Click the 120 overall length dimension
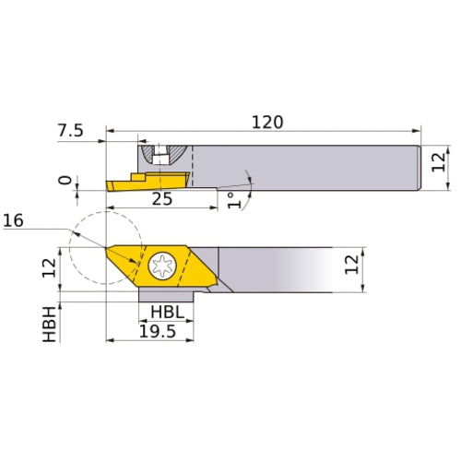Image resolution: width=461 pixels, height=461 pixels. click(267, 121)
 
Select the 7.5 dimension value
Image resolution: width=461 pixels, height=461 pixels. click(69, 131)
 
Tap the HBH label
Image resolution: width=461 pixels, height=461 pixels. click(51, 326)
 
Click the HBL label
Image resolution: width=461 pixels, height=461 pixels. click(167, 313)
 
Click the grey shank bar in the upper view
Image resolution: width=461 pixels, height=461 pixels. click(304, 167)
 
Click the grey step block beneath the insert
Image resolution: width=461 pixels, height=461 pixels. click(166, 295)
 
